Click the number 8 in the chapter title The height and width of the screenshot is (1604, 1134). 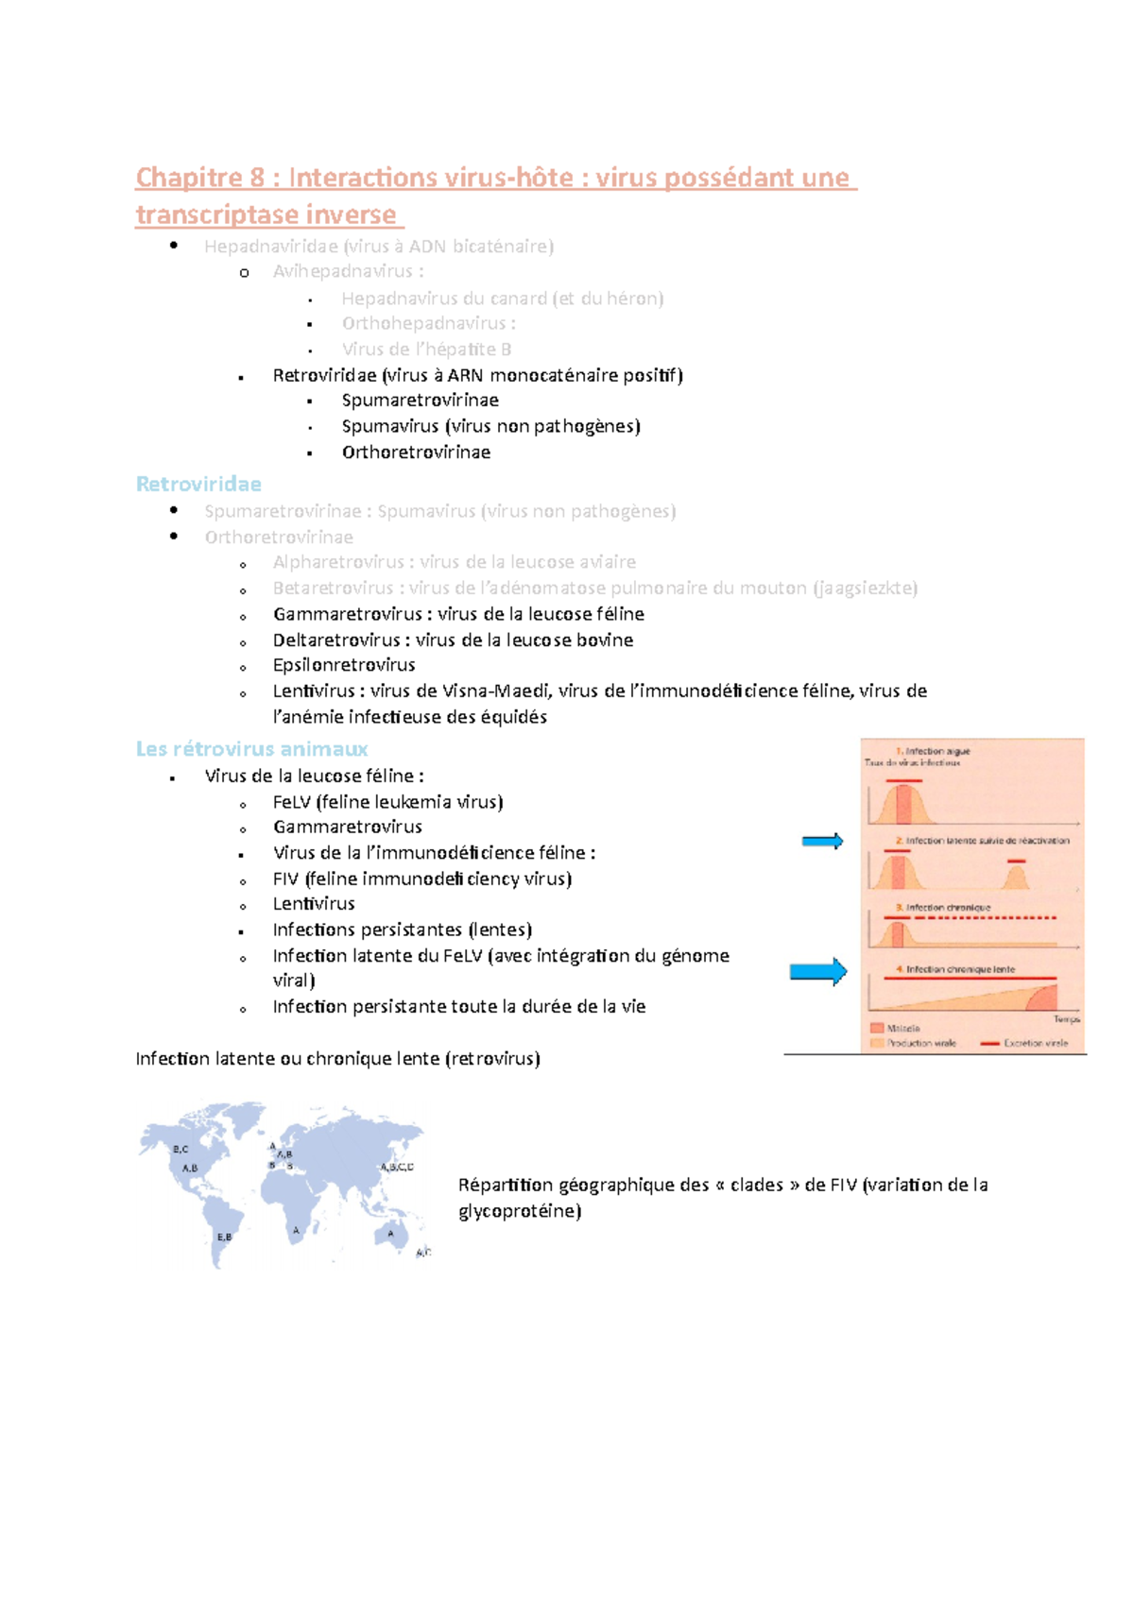[x=256, y=178]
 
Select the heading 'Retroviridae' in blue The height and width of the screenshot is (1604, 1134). [x=198, y=485]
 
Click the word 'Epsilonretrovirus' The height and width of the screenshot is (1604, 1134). [x=344, y=665]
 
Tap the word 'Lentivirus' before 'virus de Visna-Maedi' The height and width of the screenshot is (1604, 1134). [x=313, y=691]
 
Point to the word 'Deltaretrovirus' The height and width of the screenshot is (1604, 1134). [x=335, y=640]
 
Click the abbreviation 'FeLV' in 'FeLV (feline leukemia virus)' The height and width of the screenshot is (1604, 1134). [x=291, y=802]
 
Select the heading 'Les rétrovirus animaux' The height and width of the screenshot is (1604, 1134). [x=251, y=749]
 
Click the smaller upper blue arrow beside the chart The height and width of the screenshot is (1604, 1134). [x=822, y=842]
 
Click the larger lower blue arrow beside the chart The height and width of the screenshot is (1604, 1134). [x=818, y=972]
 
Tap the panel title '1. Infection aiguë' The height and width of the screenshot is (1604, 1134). [x=933, y=752]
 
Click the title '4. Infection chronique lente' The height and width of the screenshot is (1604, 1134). [x=955, y=969]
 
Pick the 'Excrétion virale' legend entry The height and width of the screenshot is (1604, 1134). [x=1034, y=1044]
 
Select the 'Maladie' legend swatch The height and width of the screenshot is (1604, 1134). [x=877, y=1029]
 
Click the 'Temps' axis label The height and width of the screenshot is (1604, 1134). [x=1066, y=1019]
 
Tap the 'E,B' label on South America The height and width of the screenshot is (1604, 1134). [x=224, y=1237]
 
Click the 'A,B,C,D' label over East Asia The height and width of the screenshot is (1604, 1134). [x=397, y=1168]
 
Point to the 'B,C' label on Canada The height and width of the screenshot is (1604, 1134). [x=180, y=1150]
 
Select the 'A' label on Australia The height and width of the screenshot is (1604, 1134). [x=389, y=1234]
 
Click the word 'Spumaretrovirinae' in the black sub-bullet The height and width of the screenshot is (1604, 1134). [x=420, y=401]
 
